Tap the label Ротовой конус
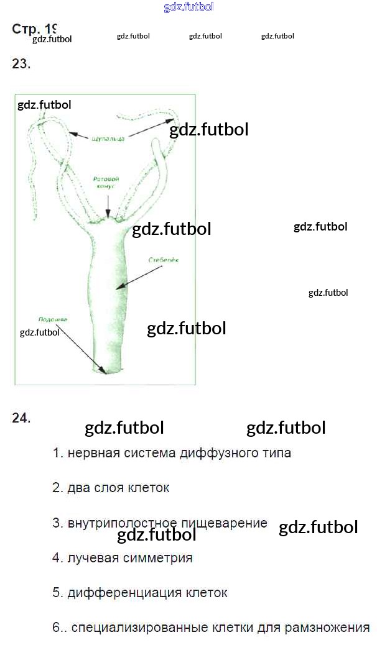coord(106,183)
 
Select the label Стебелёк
coord(164,260)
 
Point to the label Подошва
coord(53,319)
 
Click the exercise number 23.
coord(21,63)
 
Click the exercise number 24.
coord(21,418)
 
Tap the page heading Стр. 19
coord(34,29)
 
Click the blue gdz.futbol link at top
coord(188,7)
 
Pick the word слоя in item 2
coord(109,488)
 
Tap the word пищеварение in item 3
coord(228,523)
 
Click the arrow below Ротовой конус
coord(108,205)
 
